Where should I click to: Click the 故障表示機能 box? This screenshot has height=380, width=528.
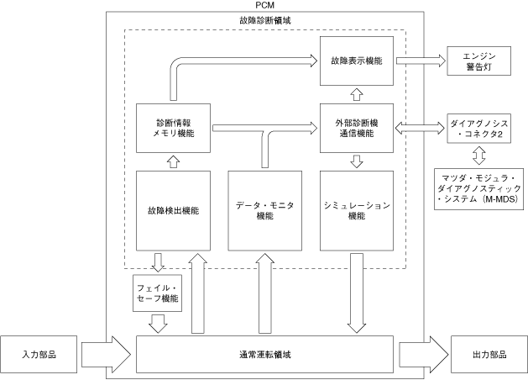[357, 61]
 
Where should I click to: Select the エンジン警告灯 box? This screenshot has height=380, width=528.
[478, 61]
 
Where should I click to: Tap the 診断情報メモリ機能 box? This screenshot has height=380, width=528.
[174, 128]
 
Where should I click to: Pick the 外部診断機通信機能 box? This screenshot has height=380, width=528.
[357, 128]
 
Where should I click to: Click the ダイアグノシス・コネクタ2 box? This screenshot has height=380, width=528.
[478, 129]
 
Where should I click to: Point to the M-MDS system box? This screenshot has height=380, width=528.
[478, 189]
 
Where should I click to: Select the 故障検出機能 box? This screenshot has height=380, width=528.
[174, 211]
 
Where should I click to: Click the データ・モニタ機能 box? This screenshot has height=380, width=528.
[265, 211]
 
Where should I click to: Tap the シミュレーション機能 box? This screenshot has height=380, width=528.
[357, 211]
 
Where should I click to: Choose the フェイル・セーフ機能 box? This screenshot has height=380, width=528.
[158, 293]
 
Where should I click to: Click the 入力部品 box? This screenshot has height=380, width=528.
[39, 355]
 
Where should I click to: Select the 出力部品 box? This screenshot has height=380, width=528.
[489, 355]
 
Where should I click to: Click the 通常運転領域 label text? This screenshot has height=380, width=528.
[265, 355]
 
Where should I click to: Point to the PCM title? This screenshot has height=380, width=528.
[265, 5]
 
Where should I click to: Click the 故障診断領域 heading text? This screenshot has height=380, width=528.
[265, 20]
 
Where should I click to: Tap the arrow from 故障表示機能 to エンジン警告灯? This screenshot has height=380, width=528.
[421, 61]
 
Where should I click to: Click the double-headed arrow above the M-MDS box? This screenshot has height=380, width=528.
[479, 156]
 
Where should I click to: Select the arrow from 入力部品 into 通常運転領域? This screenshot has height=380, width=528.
[106, 355]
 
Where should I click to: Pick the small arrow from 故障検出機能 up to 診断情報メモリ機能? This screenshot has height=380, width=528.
[174, 162]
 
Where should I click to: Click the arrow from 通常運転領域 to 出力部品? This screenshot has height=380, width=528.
[424, 355]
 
